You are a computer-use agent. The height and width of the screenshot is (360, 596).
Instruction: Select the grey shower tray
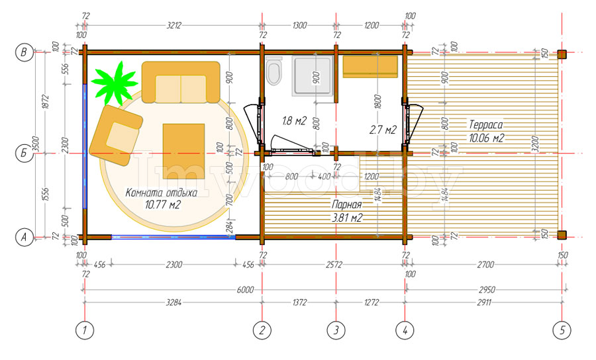(x=313, y=75)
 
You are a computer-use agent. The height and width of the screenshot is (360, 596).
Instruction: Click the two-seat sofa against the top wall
(x=181, y=83)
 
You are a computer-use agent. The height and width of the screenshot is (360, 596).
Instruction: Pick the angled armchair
(x=115, y=135)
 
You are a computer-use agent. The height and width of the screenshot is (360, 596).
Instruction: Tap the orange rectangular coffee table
(x=183, y=151)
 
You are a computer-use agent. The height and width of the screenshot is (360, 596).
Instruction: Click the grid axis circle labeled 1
(x=84, y=330)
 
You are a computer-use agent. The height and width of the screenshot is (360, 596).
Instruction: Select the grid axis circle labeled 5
(x=562, y=330)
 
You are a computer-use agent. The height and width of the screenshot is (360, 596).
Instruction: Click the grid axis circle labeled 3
(x=336, y=330)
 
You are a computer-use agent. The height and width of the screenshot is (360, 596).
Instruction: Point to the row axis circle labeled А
(x=24, y=238)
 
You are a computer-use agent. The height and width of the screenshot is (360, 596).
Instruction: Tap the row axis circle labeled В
(x=24, y=52)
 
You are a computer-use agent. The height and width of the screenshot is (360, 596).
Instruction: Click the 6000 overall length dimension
(x=245, y=290)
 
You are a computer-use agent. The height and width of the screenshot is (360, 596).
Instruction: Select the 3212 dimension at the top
(x=174, y=25)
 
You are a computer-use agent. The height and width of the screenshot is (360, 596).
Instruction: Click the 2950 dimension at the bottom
(x=487, y=290)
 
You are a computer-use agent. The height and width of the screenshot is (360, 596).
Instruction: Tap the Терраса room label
(x=486, y=124)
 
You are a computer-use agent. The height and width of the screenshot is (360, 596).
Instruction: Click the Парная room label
(x=346, y=204)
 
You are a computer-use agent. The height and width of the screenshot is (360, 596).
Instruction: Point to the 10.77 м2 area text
(x=162, y=205)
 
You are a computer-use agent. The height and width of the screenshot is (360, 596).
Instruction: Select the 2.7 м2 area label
(x=383, y=130)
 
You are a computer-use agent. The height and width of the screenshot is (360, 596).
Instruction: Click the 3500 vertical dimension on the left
(x=36, y=144)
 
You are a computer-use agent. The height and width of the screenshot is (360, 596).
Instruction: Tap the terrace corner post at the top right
(x=562, y=54)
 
